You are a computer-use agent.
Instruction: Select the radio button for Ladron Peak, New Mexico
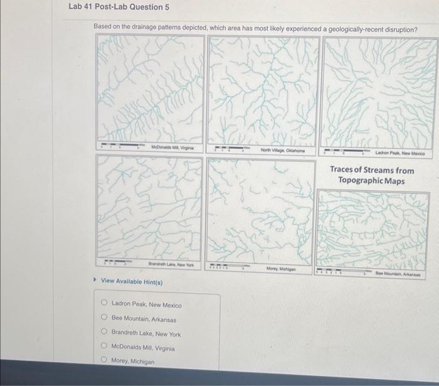104,304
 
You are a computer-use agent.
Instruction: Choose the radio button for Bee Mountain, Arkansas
104,319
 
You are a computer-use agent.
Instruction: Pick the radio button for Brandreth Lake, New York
104,333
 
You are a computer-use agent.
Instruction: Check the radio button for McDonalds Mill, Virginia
104,348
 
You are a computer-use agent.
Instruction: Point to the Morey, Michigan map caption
280,268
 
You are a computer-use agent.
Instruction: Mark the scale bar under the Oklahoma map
233,150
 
